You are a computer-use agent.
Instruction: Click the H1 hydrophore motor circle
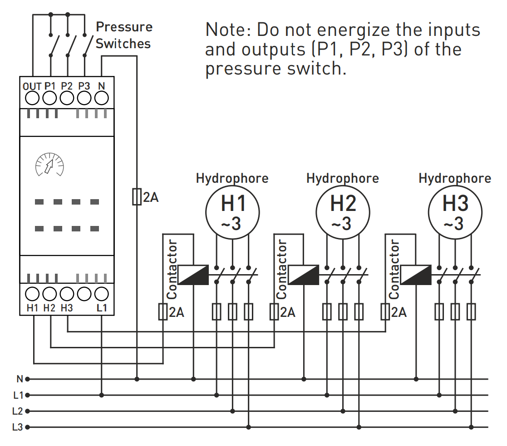pos(232,211)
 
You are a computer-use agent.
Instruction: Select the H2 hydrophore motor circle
pos(343,211)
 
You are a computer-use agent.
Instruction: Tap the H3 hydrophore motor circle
pos(455,211)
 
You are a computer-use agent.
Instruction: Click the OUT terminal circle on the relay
pos(32,98)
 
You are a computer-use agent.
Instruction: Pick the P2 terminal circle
pos(67,98)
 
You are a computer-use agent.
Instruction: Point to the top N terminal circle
pos(101,98)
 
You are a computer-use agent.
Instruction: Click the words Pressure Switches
pos(123,35)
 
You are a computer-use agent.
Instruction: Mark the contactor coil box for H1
pos(193,275)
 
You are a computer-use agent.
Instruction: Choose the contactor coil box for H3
pos(416,275)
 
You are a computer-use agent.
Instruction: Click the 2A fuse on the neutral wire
pos(137,197)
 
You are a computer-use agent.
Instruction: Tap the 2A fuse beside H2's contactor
pos(274,312)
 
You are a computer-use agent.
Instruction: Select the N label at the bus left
pos(20,379)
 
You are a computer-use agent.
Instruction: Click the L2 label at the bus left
pos(18,411)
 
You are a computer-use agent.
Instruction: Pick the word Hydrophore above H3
pos(454,178)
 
